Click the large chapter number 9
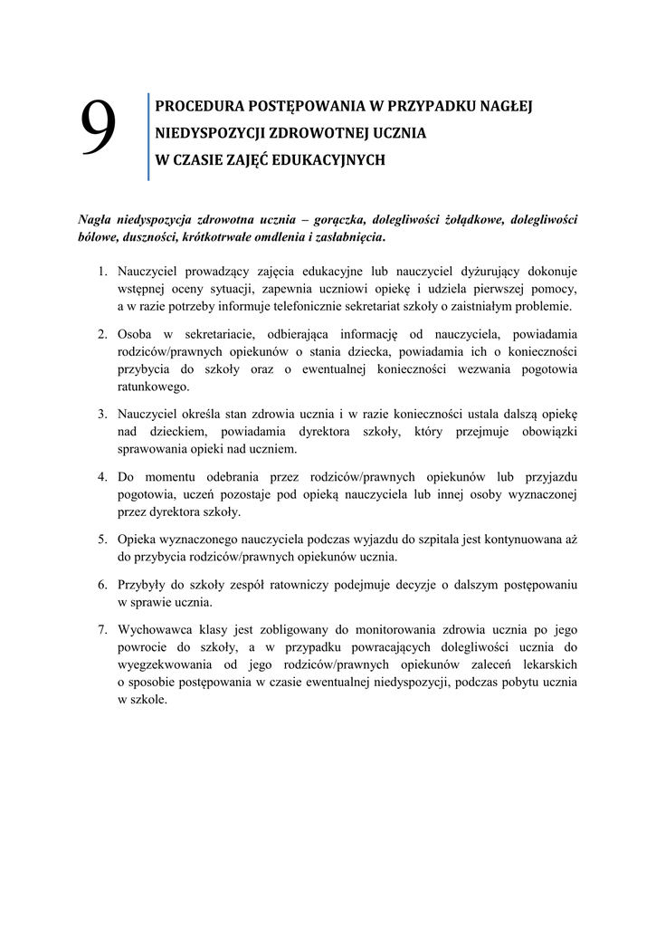(99, 128)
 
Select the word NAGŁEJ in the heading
(508, 105)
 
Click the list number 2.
(103, 333)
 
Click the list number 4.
(103, 476)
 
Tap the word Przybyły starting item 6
(143, 583)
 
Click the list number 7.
(103, 628)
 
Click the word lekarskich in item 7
(547, 664)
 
